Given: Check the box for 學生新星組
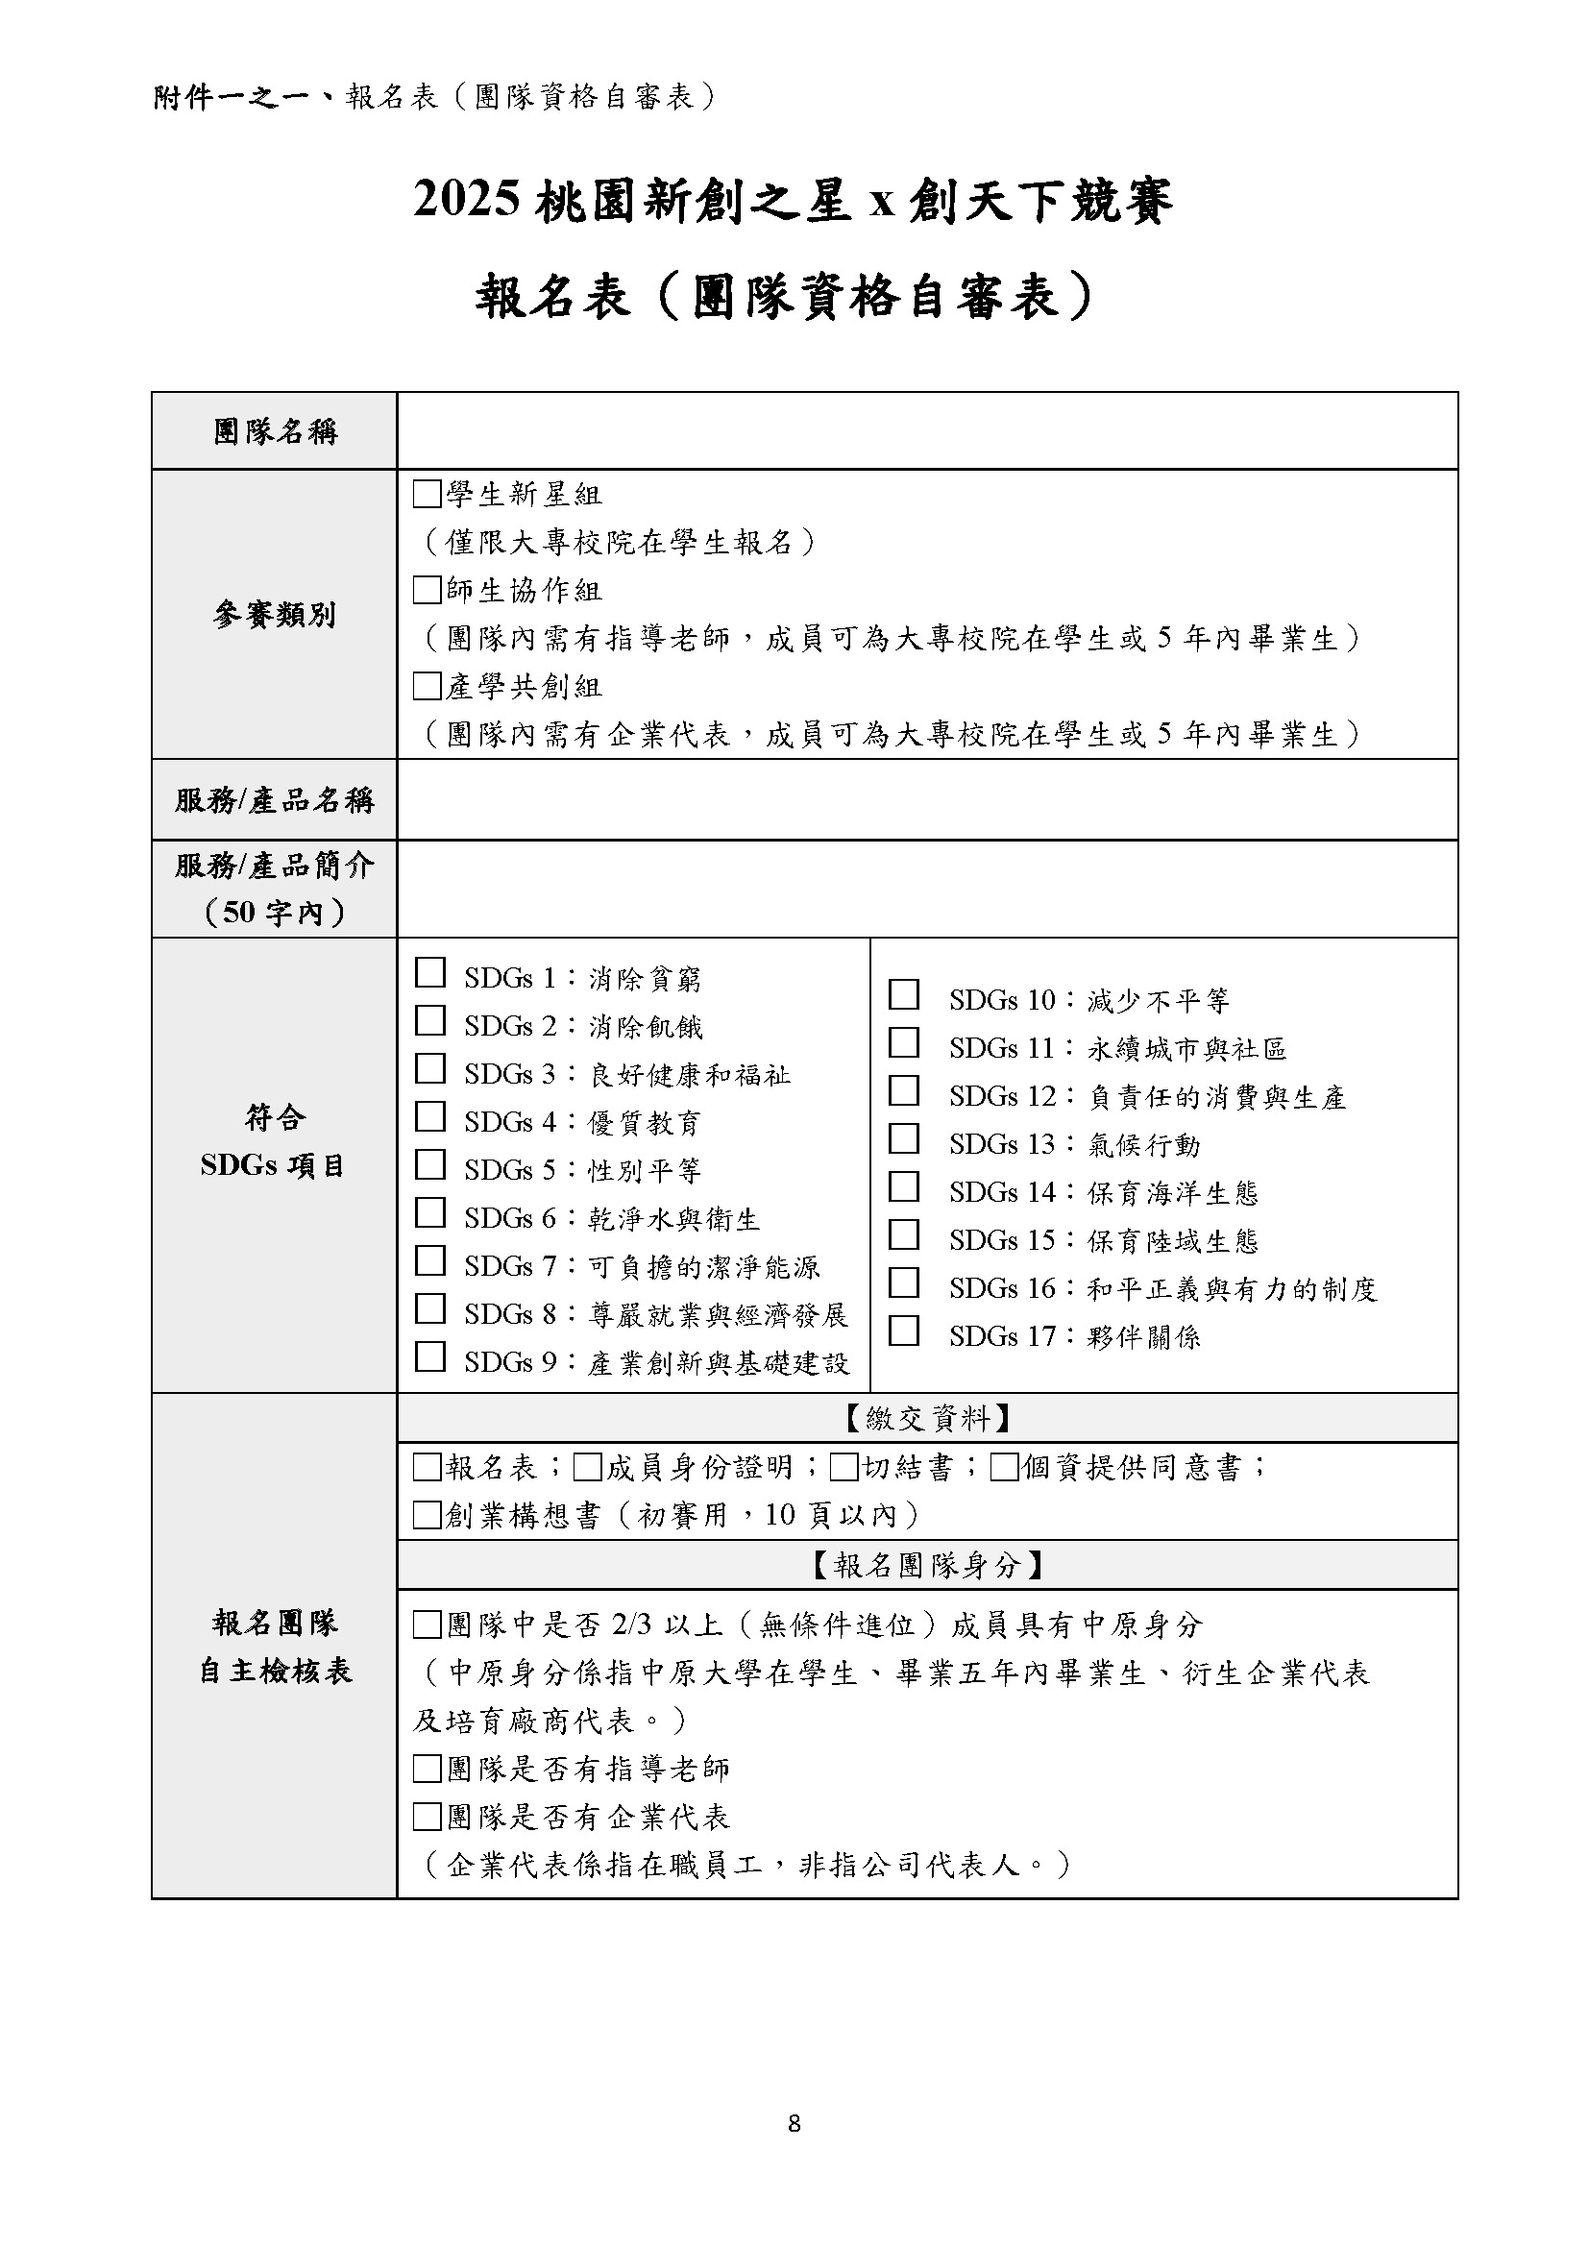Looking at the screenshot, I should tap(427, 494).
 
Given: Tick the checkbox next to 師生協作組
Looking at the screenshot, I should tap(427, 590).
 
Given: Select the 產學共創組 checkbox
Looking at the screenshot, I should tap(427, 686).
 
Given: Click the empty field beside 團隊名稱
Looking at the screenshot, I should tap(926, 430).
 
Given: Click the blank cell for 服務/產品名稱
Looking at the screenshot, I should tap(926, 799).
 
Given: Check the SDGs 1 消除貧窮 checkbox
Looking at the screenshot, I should tap(429, 973).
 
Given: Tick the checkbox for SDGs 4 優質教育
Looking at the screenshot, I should tap(429, 1116).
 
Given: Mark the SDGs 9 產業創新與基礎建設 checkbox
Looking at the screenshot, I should tap(429, 1356).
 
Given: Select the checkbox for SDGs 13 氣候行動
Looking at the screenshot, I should tap(903, 1138).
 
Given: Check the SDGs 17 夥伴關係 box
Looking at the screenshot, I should tap(903, 1331).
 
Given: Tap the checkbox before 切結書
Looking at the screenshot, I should tap(843, 1467).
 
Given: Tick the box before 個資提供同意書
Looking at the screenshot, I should tap(1004, 1467).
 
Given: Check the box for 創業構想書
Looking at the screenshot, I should tap(427, 1515).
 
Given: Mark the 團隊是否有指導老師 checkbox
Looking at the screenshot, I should tap(427, 1769).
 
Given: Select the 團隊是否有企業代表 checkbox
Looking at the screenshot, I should tap(427, 1818).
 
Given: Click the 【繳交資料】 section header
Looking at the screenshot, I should tap(926, 1418).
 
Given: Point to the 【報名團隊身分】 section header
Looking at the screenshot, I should tap(926, 1565).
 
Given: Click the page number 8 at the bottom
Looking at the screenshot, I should tap(794, 2150).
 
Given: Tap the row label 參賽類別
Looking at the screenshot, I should tap(274, 615).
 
